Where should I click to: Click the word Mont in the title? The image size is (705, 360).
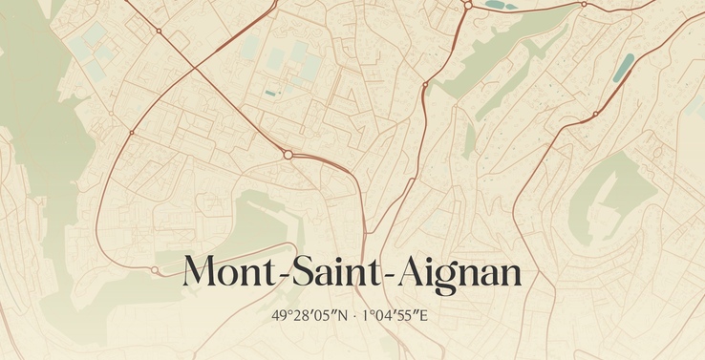click(x=226, y=273)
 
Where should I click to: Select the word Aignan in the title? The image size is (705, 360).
click(x=459, y=273)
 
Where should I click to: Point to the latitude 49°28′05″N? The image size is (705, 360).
click(x=308, y=315)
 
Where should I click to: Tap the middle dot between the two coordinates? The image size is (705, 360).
click(x=352, y=315)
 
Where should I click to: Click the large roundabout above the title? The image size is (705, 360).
click(x=288, y=154)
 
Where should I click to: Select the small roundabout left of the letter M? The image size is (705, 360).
click(x=155, y=270)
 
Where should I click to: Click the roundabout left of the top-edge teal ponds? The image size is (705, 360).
click(x=468, y=6)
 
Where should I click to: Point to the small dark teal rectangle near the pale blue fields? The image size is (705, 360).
click(x=270, y=93)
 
